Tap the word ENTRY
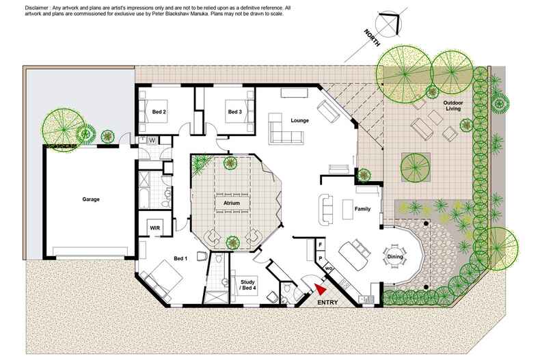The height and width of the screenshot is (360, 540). coord(327,303)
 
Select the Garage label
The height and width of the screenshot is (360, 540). coord(91,199)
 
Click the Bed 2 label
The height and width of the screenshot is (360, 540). coord(159,112)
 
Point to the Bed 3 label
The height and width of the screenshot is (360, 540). coord(235,112)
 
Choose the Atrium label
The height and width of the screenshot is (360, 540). coord(232,203)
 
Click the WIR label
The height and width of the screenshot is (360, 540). coord(155,228)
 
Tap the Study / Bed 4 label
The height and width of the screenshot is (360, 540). coord(247,285)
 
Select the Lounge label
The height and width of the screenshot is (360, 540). coord(299,120)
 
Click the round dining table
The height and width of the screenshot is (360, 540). coord(395,256)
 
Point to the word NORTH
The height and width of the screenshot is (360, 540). coord(373,38)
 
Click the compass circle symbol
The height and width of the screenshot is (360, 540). coord(388,23)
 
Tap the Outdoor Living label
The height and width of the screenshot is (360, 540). coord(453,106)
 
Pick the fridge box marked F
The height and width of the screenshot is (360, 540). coord(321,245)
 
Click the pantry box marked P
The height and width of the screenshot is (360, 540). coord(321,258)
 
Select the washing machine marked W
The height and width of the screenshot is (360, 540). coord(152,141)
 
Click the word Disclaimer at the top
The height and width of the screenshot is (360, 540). coord(36,8)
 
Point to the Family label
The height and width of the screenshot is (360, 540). coord(363,209)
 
